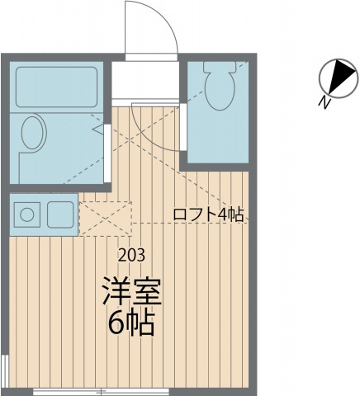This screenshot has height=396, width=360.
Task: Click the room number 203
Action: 135,254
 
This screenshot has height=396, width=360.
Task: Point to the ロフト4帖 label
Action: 208,214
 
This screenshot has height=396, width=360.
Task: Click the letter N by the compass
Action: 325,102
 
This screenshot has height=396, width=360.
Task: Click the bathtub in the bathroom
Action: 56,86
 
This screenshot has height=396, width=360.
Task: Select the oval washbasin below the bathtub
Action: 34,134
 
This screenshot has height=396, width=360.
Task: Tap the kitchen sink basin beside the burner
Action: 60,215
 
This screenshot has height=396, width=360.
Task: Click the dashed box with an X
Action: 105,217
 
